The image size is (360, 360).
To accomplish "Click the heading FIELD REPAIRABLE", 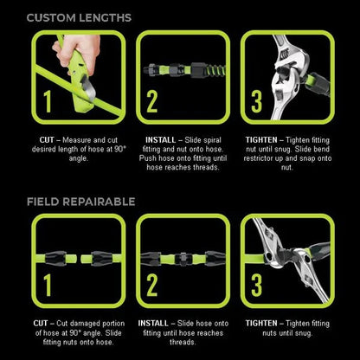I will [80, 201].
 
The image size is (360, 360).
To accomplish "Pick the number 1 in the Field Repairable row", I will [47, 284].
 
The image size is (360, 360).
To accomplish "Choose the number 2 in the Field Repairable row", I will [151, 284].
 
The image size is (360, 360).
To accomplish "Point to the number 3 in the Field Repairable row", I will [256, 284].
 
